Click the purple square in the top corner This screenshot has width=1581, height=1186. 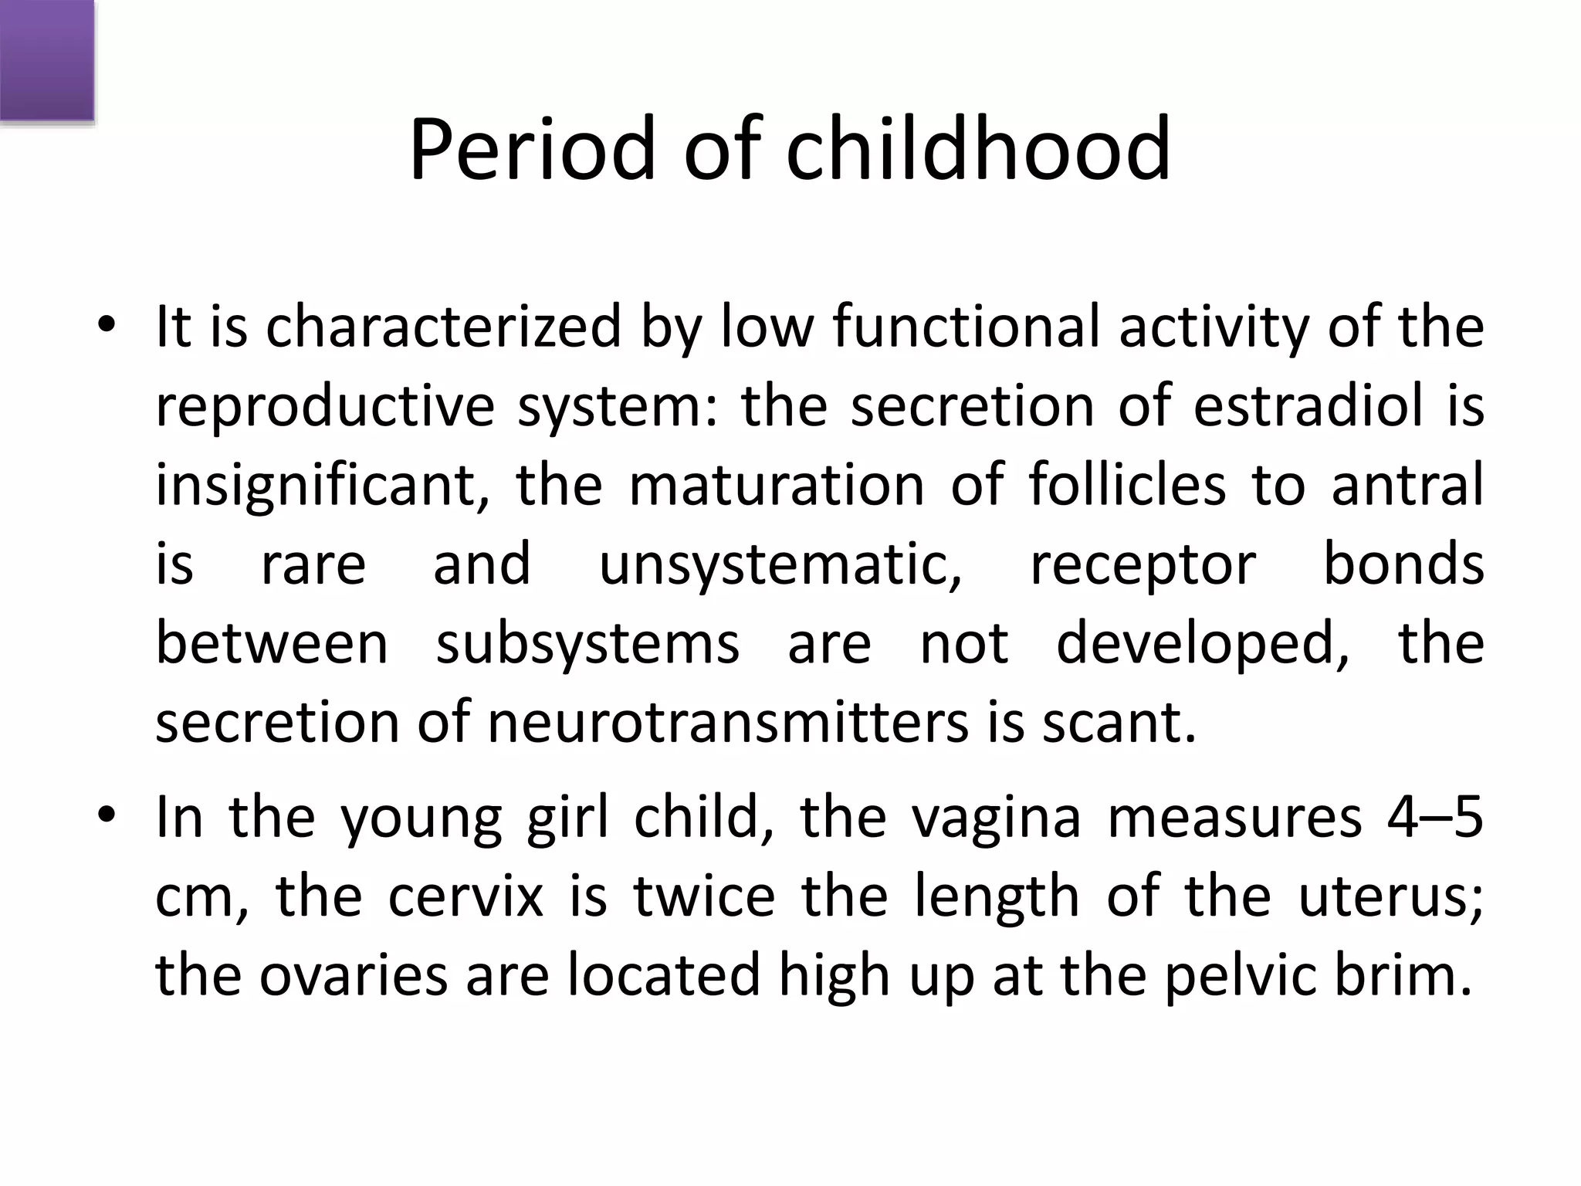coord(46,60)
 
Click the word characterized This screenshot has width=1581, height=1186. coord(443,327)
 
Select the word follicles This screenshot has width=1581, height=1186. coord(1127,486)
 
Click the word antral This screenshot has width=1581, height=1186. coord(1407,486)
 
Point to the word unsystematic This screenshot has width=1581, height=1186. coord(780,565)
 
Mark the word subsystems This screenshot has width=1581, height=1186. coord(587,645)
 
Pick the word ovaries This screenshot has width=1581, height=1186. coord(353,976)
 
